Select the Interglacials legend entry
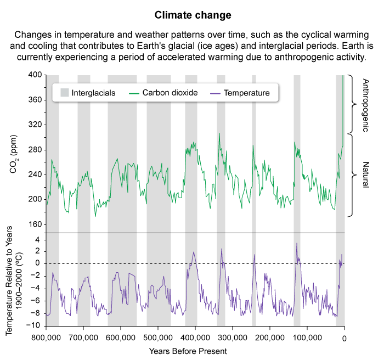[93, 93]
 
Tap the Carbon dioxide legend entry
[170, 93]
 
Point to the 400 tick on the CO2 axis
[34, 75]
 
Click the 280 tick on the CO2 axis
[34, 149]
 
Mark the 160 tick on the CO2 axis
[34, 224]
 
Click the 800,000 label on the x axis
[46, 337]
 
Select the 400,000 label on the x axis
[196, 337]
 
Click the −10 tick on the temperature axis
[34, 325]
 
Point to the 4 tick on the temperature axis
[37, 240]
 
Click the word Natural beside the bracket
[366, 175]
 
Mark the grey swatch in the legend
[65, 93]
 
